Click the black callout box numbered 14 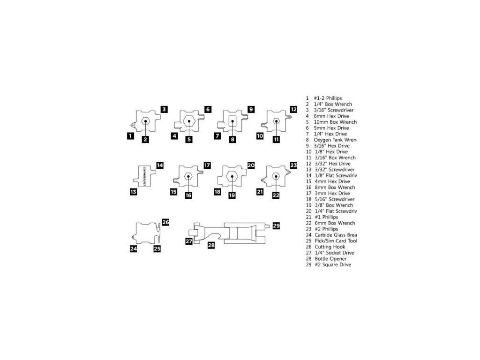160,165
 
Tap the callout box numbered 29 276,226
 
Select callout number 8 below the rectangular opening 232,139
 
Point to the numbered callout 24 134,249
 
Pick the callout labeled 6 208,109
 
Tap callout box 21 260,192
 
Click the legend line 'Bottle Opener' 330,259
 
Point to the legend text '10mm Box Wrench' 334,122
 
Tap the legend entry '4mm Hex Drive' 331,181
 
